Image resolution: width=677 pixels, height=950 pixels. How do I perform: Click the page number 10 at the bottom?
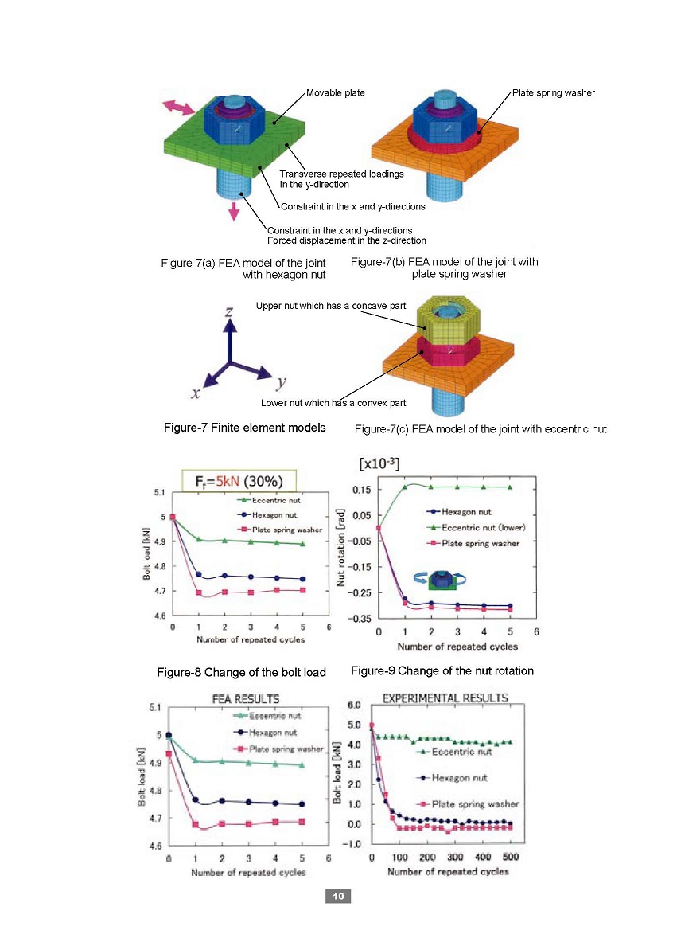click(x=338, y=896)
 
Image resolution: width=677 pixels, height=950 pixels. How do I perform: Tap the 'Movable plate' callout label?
click(x=336, y=92)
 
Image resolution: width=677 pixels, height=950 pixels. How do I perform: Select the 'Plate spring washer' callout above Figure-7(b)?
click(x=554, y=92)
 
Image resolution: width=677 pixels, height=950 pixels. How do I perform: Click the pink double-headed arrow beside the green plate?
click(x=179, y=108)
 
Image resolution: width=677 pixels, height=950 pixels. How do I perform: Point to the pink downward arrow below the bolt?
click(x=234, y=212)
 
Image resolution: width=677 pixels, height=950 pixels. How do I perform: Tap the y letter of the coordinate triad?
click(x=281, y=382)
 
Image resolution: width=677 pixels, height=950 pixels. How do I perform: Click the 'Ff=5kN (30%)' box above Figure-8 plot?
click(x=239, y=481)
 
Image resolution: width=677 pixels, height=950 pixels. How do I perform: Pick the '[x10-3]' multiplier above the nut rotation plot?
click(x=379, y=463)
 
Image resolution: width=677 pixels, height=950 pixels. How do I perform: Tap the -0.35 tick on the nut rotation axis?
click(x=361, y=619)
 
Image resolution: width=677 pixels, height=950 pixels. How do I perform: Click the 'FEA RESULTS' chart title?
click(x=246, y=699)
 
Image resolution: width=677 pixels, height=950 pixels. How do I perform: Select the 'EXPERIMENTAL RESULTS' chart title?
click(x=445, y=698)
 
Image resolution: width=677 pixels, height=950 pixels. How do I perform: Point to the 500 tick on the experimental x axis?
click(x=511, y=857)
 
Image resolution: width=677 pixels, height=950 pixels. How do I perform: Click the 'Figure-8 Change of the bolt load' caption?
click(x=242, y=673)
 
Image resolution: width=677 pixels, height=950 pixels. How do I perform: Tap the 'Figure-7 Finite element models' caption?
click(x=245, y=428)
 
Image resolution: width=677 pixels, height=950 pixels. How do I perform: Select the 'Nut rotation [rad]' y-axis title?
click(x=340, y=548)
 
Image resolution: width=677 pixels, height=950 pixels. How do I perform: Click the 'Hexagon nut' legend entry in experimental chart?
click(x=453, y=778)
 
